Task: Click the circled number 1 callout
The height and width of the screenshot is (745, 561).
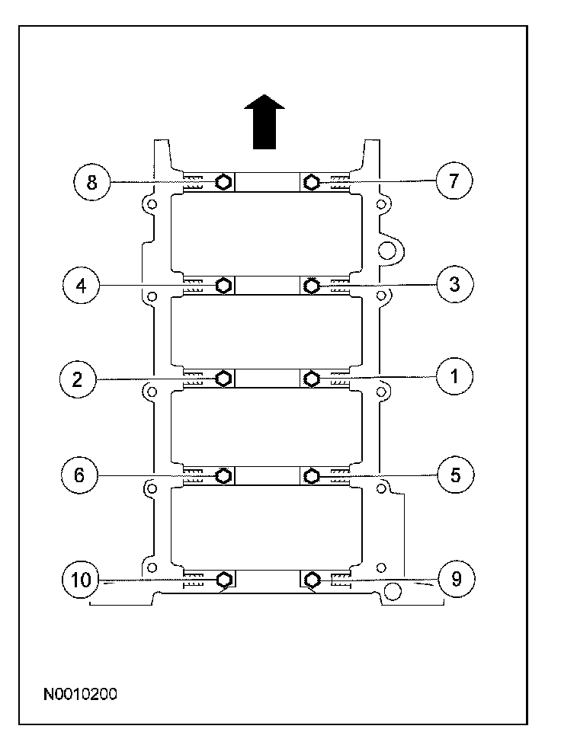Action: click(x=454, y=376)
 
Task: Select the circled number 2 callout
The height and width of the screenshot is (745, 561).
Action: click(x=78, y=379)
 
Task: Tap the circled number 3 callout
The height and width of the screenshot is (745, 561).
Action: click(x=454, y=285)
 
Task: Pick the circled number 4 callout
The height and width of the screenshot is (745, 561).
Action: click(x=79, y=286)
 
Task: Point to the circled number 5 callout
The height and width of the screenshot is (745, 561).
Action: click(x=455, y=475)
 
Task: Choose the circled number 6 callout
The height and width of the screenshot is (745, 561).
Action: click(x=79, y=475)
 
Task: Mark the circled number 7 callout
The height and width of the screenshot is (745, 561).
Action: click(x=454, y=181)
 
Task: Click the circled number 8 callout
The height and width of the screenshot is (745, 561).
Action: click(x=91, y=182)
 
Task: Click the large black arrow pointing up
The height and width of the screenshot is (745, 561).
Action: click(x=264, y=122)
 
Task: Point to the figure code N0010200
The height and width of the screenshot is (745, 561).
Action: click(x=80, y=694)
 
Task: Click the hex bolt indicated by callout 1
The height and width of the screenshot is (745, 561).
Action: click(x=310, y=378)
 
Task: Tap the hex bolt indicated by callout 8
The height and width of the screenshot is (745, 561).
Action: click(x=223, y=182)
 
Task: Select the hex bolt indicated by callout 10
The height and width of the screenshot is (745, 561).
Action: click(x=224, y=580)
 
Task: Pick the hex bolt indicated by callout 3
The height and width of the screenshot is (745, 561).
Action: click(x=310, y=286)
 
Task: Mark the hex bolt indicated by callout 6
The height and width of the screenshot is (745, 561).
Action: click(x=224, y=476)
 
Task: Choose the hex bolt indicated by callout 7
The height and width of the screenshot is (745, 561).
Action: click(x=310, y=182)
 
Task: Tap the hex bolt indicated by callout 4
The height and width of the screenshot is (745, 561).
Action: click(x=224, y=286)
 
